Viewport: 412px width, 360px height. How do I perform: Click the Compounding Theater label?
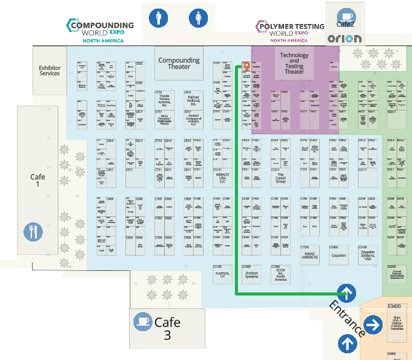coord(179,63)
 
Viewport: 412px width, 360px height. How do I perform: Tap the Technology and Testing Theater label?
coord(294,63)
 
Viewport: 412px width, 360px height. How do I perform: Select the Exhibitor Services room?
coord(50,71)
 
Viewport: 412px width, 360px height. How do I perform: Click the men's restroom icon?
coord(159,18)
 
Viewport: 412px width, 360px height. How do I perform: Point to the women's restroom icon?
coord(198,18)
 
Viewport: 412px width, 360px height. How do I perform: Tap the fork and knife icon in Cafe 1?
coord(33,232)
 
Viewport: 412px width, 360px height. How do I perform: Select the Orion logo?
coord(344,39)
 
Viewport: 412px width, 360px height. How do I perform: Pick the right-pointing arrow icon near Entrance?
coord(372,324)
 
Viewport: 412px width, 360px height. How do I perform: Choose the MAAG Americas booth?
coord(309,256)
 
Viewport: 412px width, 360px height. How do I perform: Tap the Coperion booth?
coord(338,256)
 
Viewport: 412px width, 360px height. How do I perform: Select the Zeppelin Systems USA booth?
coord(368,256)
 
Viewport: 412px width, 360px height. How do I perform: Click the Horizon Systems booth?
coord(252,274)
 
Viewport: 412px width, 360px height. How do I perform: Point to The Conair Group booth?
coord(280,178)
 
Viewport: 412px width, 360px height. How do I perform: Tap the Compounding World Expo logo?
coord(99,30)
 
